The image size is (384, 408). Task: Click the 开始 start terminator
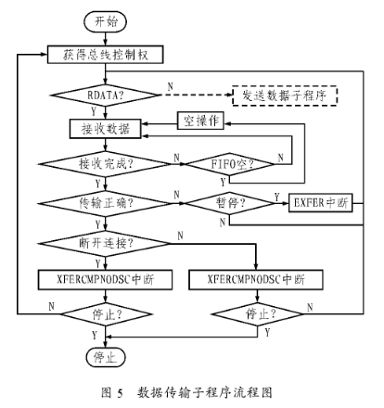point(106,21)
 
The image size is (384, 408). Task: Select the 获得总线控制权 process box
point(105,55)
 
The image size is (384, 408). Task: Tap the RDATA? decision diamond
point(106,95)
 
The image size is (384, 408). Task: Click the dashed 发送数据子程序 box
point(285,96)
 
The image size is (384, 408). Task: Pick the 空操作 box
point(200,121)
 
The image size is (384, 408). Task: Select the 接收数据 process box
point(106,129)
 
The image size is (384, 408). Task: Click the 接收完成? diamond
point(106,164)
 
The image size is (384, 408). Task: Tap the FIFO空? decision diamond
point(229,164)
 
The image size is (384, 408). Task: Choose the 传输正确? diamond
point(106,203)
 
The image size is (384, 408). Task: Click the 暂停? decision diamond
point(229,203)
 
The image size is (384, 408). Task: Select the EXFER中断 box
point(321,203)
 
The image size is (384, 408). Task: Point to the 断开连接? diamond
point(106,243)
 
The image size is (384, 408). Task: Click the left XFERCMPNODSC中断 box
point(105,279)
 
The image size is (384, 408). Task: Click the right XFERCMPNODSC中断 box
point(256,279)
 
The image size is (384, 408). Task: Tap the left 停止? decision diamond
point(106,314)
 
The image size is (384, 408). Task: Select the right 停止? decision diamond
point(257,314)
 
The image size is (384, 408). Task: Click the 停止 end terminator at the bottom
point(106,357)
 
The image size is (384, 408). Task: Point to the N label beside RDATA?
point(171,86)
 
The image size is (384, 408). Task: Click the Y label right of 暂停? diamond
point(276,197)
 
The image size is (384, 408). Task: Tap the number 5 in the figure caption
point(120,393)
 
